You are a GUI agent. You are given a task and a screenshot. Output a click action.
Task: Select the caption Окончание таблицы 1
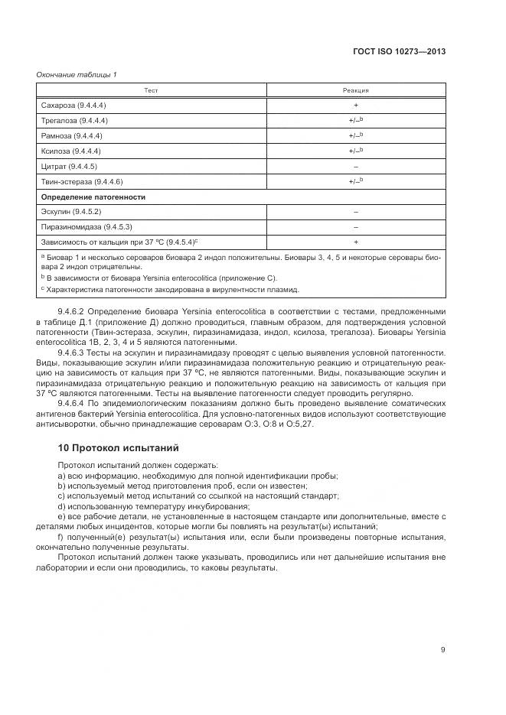click(x=77, y=74)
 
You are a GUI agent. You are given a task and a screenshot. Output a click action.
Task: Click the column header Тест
click(x=151, y=90)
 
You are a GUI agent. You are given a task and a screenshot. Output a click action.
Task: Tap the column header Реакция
click(x=355, y=90)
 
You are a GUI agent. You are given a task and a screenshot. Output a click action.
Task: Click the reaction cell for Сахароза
click(x=355, y=106)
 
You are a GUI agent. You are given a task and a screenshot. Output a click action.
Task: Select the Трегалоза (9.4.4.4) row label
click(x=74, y=121)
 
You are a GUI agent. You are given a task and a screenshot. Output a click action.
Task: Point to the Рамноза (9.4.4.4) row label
click(x=72, y=136)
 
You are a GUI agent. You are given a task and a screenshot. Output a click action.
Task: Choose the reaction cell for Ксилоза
click(x=355, y=151)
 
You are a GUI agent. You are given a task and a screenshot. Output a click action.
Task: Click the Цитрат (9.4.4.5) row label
click(x=69, y=166)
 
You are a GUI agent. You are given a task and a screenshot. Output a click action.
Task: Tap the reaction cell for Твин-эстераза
click(x=355, y=181)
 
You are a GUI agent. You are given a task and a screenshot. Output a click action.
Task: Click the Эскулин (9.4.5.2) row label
click(x=71, y=212)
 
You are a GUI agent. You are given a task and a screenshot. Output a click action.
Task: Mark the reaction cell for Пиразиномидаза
click(x=355, y=227)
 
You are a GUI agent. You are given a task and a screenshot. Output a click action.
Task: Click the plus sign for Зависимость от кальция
click(x=355, y=242)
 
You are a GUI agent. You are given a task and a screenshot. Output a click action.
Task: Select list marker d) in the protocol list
click(x=61, y=507)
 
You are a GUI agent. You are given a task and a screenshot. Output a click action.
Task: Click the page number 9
click(x=442, y=650)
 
